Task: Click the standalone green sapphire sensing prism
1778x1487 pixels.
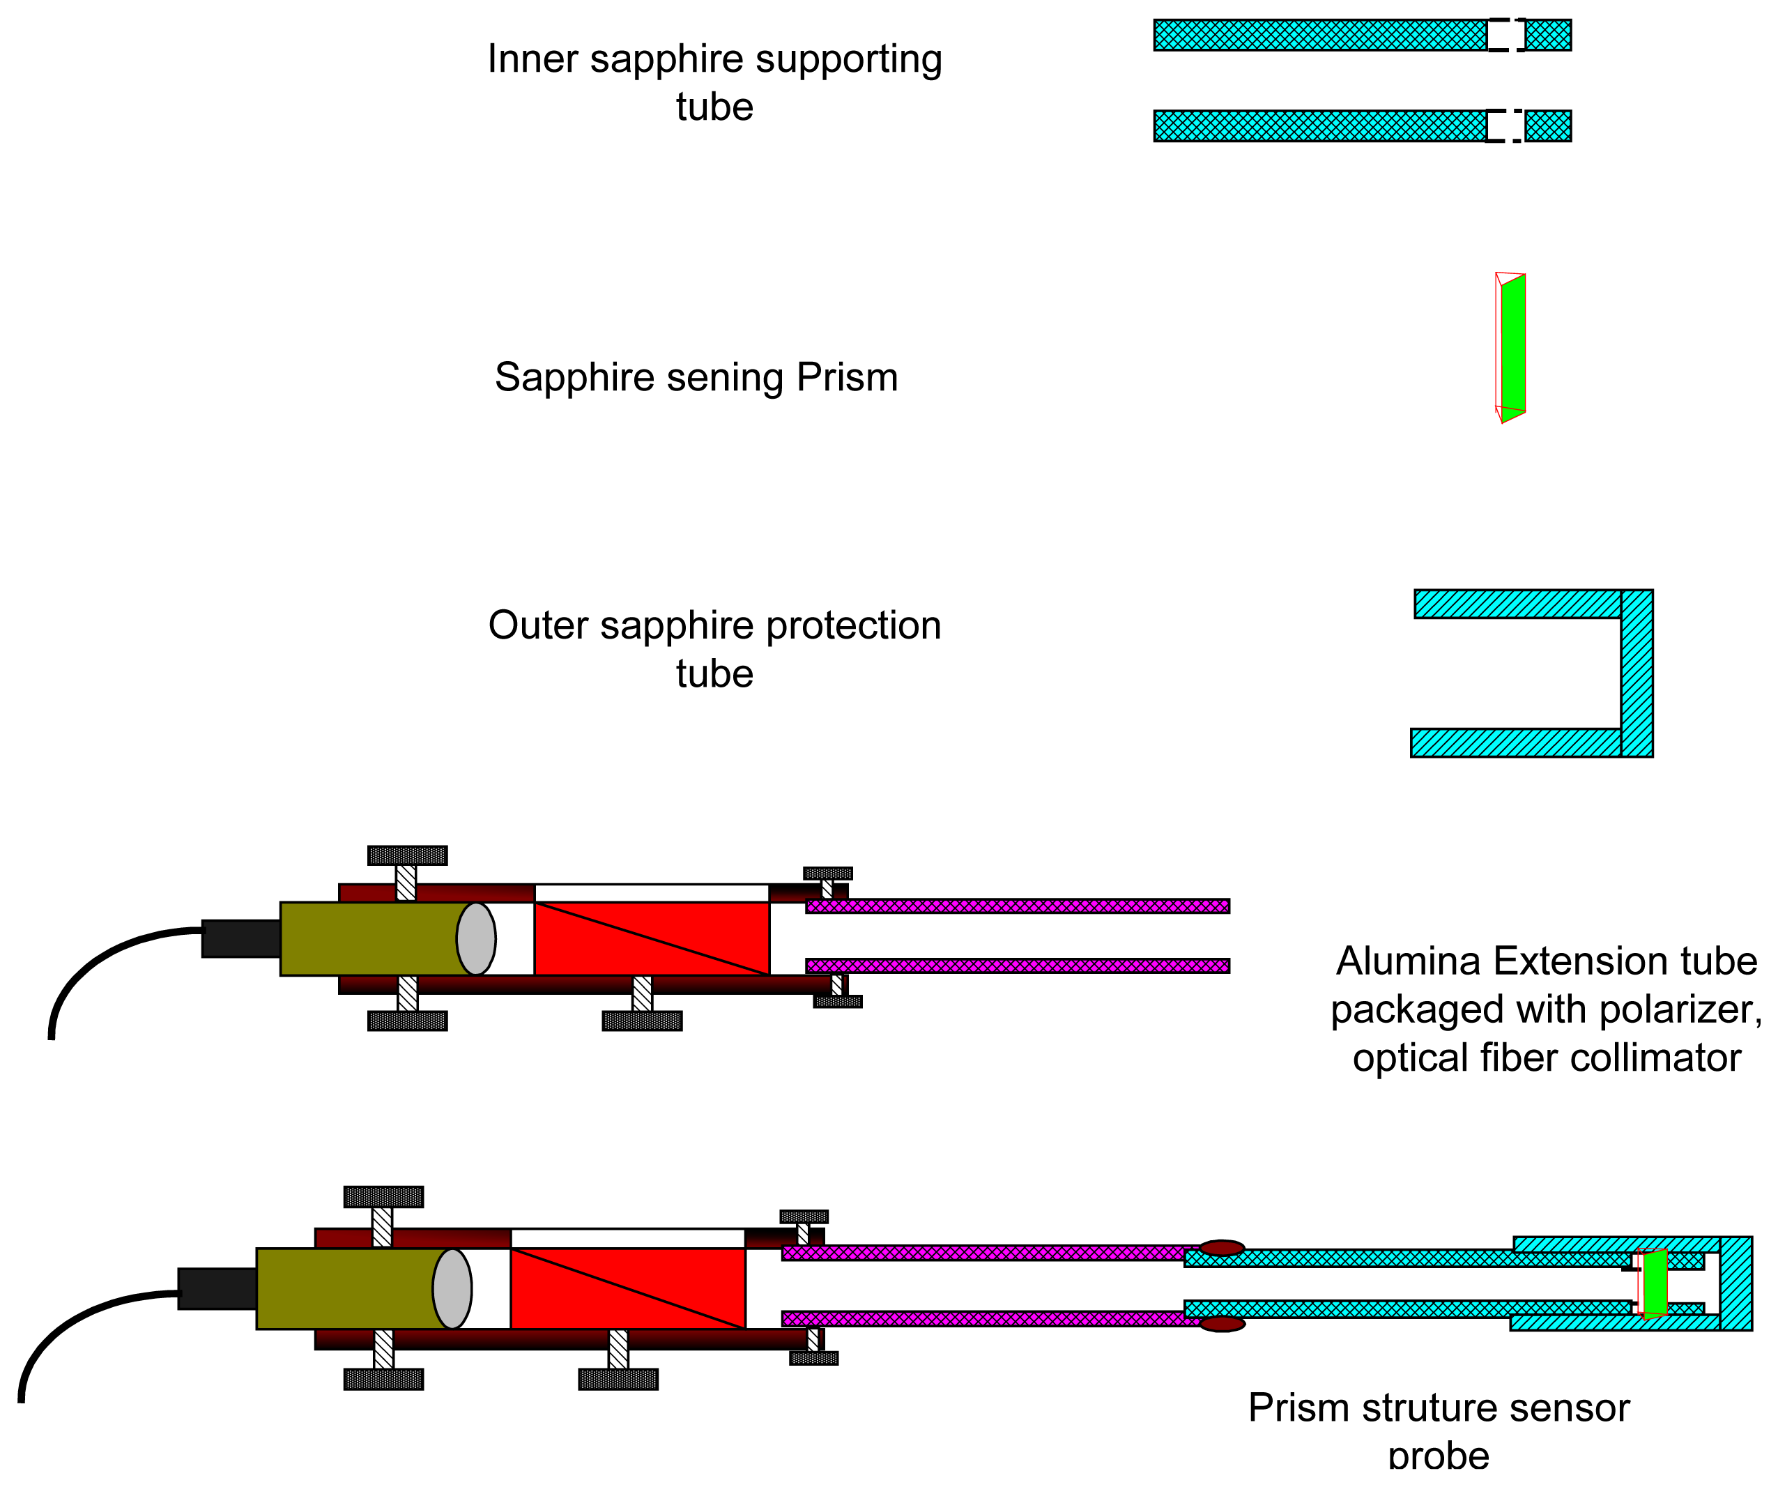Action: (x=1513, y=347)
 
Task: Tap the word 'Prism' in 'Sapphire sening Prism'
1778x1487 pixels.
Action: (x=847, y=378)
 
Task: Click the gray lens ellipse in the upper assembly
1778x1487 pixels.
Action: (x=476, y=939)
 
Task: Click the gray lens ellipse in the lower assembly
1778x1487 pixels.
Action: (x=452, y=1289)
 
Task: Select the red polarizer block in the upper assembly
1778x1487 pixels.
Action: (x=652, y=939)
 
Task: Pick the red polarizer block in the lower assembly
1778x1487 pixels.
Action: (x=627, y=1289)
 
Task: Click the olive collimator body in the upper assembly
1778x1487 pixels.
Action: (x=372, y=939)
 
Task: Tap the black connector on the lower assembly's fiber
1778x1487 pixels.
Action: (x=217, y=1289)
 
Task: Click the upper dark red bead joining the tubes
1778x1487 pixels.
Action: (x=1222, y=1248)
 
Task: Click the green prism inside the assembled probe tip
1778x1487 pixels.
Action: (x=1655, y=1283)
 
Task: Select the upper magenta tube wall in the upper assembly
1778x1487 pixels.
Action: (x=1016, y=906)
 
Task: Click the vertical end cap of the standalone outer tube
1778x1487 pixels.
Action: (x=1637, y=673)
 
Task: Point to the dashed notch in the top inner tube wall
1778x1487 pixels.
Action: (x=1506, y=36)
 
